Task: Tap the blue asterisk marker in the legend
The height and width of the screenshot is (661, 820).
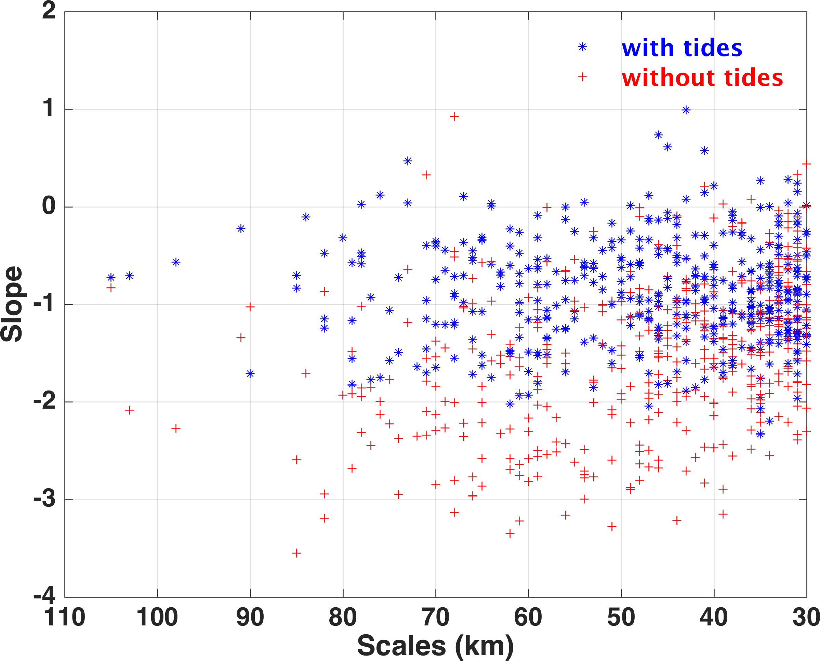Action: (x=582, y=47)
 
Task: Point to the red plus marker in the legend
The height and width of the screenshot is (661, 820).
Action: (x=582, y=77)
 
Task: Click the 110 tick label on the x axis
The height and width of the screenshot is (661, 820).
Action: (x=64, y=617)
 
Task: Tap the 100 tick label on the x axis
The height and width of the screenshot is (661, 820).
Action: (x=157, y=617)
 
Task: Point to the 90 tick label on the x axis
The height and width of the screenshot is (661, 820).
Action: (x=250, y=617)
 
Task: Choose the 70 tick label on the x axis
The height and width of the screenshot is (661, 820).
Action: (x=436, y=617)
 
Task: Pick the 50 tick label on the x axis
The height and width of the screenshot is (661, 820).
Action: (x=621, y=617)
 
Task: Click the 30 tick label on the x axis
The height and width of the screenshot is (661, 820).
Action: (x=806, y=617)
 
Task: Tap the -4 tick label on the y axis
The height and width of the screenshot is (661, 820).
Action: (x=44, y=596)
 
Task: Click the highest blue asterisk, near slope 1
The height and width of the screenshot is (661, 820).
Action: (x=686, y=110)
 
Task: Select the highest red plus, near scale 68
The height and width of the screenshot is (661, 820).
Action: (x=454, y=117)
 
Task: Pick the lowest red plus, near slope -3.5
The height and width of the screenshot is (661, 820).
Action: (x=296, y=553)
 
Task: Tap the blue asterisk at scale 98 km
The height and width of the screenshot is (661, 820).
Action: (x=176, y=262)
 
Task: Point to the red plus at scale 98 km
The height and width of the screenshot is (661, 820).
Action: (x=176, y=428)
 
